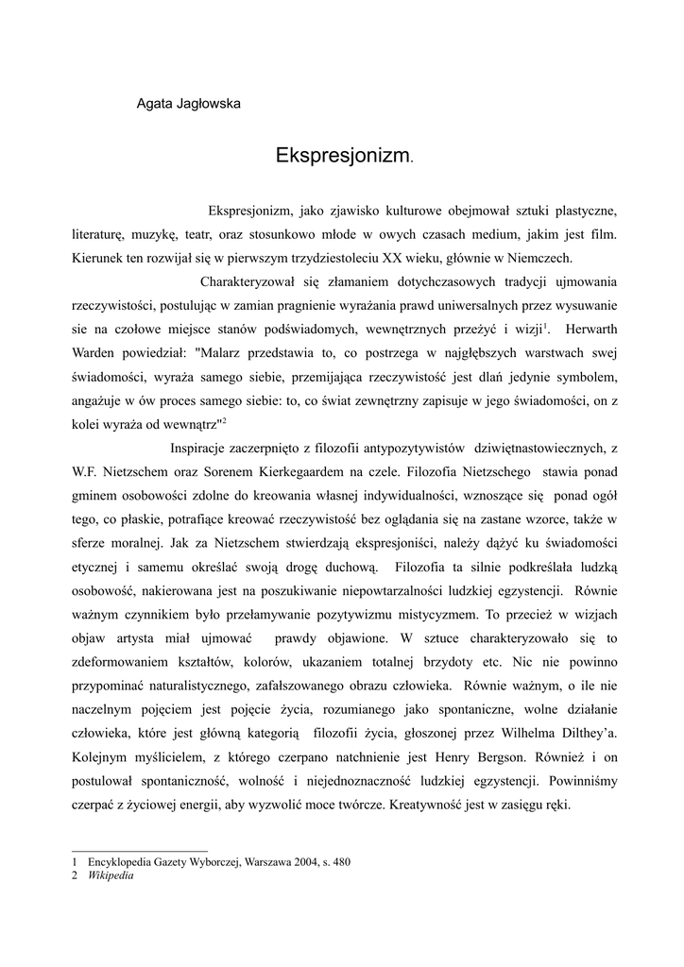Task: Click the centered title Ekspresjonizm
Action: [341, 155]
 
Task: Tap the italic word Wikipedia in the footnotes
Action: [111, 875]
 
